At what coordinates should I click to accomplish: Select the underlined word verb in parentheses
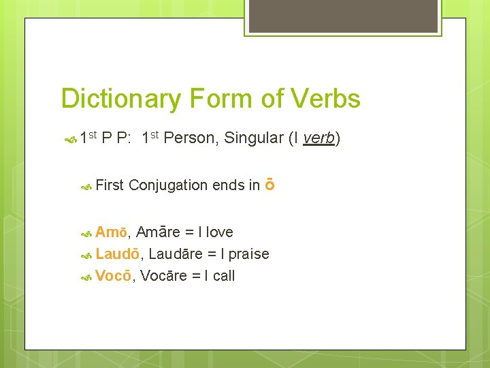point(318,138)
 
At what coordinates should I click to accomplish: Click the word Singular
point(251,138)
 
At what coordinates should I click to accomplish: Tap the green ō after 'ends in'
point(269,185)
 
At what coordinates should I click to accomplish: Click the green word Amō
point(111,232)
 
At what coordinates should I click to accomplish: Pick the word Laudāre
point(176,254)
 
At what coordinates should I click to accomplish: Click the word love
point(219,232)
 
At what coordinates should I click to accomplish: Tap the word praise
point(249,254)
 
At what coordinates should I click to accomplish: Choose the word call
point(224,276)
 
